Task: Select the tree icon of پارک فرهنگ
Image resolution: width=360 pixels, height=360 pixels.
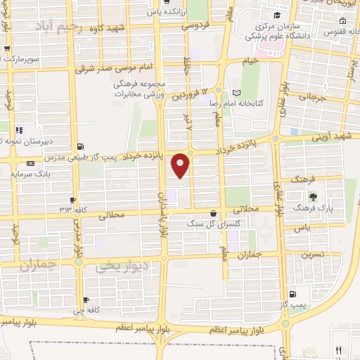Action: tap(314, 196)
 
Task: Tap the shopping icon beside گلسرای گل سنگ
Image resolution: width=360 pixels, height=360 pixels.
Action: tap(213, 212)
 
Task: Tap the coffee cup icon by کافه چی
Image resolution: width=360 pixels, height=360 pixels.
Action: tap(86, 300)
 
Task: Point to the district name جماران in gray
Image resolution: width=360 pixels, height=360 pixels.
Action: tap(37, 266)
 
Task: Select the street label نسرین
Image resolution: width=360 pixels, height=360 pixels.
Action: tap(313, 255)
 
